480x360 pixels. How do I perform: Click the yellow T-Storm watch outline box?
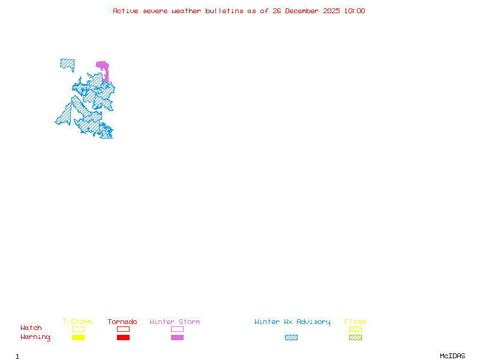(78, 329)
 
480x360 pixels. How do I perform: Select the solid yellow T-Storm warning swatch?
(78, 337)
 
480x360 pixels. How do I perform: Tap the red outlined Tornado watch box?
(123, 329)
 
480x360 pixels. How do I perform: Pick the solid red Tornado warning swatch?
(123, 337)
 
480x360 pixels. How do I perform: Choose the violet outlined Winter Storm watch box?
(177, 329)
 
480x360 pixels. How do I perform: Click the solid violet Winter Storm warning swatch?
(177, 337)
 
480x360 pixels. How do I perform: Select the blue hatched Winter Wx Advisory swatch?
(291, 337)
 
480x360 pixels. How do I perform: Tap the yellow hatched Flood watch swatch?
(355, 329)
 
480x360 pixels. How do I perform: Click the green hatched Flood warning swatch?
(355, 337)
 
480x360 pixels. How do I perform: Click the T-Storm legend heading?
(77, 322)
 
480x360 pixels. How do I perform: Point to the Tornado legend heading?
(122, 322)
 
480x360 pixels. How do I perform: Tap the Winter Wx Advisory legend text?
(292, 322)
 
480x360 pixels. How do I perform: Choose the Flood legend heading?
(355, 322)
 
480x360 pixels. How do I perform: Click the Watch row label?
(31, 328)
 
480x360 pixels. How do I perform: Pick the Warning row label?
(35, 337)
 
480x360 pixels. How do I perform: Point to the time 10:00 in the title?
(355, 11)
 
